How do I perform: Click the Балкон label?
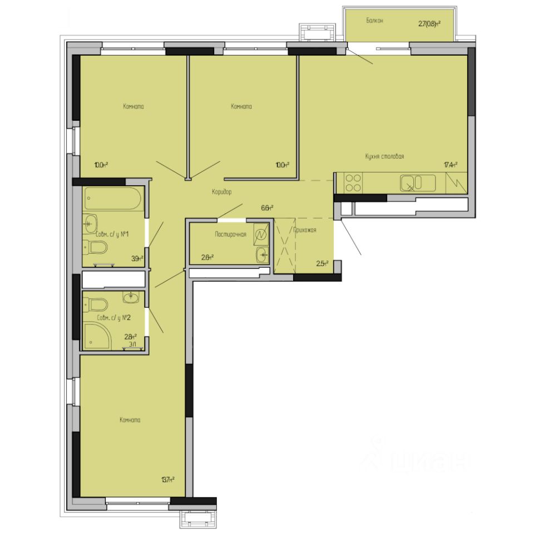pyautogui.click(x=375, y=21)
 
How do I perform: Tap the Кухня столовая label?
pyautogui.click(x=384, y=157)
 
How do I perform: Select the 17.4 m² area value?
pyautogui.click(x=451, y=165)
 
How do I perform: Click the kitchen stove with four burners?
pyautogui.click(x=353, y=182)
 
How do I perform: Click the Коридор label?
pyautogui.click(x=221, y=192)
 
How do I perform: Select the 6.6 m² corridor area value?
pyautogui.click(x=267, y=208)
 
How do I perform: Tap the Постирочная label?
pyautogui.click(x=230, y=235)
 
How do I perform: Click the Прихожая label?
pyautogui.click(x=304, y=229)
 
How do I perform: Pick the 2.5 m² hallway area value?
pyautogui.click(x=322, y=264)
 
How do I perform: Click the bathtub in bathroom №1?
pyautogui.click(x=113, y=199)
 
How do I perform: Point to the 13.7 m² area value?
pyautogui.click(x=168, y=479)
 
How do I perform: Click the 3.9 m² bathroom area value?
pyautogui.click(x=137, y=258)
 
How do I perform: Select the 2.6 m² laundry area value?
pyautogui.click(x=207, y=257)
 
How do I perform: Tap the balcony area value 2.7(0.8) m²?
pyautogui.click(x=429, y=24)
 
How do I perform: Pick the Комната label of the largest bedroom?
pyautogui.click(x=130, y=420)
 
